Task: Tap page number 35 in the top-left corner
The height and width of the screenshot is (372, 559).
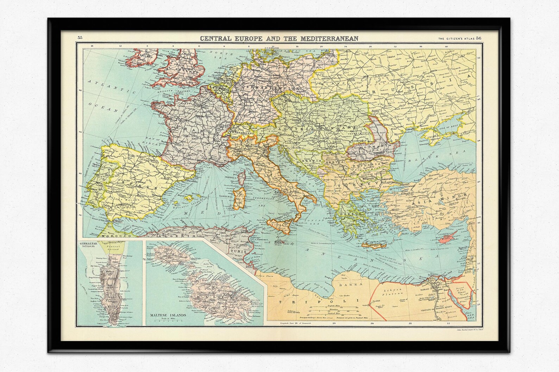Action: point(80,38)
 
